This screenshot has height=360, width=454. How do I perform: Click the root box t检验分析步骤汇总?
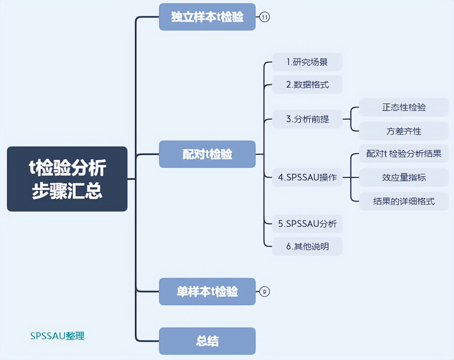[67, 179]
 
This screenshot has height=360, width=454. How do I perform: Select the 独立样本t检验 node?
[207, 17]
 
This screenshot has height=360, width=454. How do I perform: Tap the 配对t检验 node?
[207, 154]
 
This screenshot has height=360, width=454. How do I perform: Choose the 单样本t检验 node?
[207, 291]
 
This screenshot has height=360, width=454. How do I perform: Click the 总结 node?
[207, 341]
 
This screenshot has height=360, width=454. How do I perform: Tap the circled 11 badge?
[265, 17]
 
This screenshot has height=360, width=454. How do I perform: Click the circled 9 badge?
[265, 292]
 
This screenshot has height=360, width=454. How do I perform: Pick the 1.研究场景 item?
[307, 62]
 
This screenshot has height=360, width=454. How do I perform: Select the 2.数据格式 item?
[307, 84]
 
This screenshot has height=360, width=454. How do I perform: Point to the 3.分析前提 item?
[307, 119]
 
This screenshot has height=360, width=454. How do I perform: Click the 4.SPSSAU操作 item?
[307, 177]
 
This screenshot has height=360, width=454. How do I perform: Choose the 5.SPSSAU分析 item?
[307, 224]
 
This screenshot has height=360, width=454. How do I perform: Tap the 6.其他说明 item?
[307, 246]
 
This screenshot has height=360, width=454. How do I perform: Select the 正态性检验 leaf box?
[404, 107]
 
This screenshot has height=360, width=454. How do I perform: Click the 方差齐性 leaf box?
[404, 131]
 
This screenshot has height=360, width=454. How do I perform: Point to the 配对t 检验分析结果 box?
[404, 153]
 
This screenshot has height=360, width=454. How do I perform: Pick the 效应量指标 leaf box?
[404, 177]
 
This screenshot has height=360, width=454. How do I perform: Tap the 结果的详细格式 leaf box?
[404, 201]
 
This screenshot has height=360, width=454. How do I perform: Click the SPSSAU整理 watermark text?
[57, 336]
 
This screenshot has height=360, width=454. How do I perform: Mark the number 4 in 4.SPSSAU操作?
[281, 177]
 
